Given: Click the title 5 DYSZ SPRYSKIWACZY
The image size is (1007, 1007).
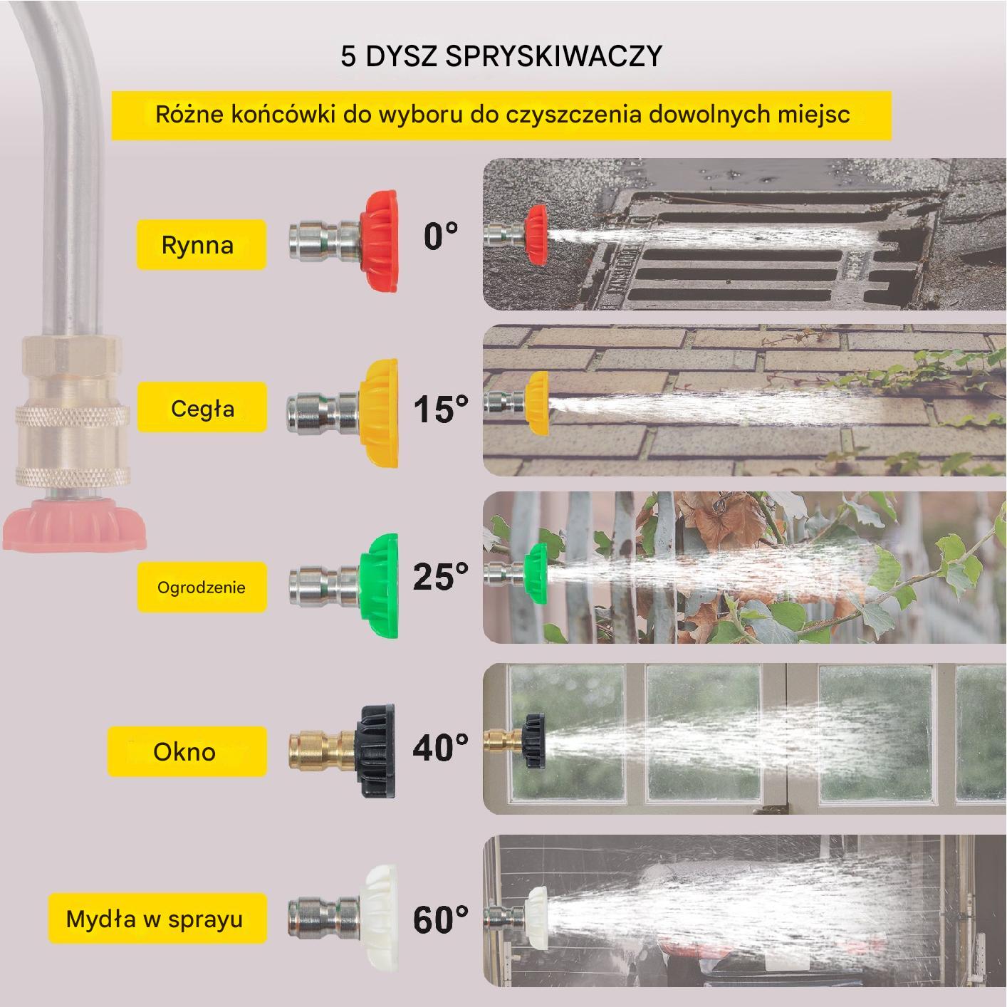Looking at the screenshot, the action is [x=501, y=56].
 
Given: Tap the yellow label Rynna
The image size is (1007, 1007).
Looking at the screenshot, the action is [x=202, y=244].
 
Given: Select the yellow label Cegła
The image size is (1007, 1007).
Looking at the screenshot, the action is [x=202, y=407].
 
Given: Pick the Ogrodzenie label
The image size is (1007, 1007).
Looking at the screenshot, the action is [x=202, y=587].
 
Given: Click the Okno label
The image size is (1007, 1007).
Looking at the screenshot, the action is [x=187, y=751].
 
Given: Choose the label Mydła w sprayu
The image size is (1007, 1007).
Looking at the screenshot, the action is [x=157, y=918].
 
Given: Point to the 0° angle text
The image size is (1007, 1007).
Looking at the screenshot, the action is [x=441, y=236].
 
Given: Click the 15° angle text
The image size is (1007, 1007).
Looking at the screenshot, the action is [x=441, y=408].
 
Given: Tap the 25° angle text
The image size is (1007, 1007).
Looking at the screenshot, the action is [x=441, y=576].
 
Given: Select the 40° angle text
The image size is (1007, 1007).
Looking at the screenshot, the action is [x=441, y=747].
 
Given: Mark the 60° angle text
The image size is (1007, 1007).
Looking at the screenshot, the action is [x=441, y=919].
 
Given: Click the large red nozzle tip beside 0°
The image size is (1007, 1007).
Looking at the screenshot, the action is [x=378, y=241].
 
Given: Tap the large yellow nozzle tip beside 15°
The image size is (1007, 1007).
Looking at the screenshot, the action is [x=379, y=413].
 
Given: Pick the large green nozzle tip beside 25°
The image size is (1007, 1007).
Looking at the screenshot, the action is [x=379, y=586].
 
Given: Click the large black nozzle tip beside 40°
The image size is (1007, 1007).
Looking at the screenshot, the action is [x=375, y=751].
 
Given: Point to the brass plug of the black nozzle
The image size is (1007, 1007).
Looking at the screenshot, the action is [x=323, y=751].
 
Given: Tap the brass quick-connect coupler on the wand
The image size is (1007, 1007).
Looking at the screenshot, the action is [x=72, y=413].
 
